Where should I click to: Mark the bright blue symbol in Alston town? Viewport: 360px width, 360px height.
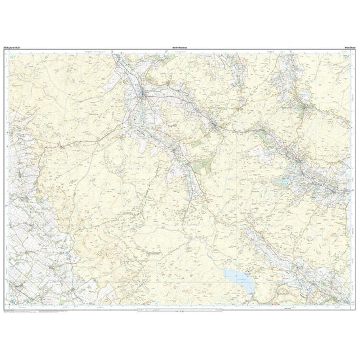click(x=143, y=98)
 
